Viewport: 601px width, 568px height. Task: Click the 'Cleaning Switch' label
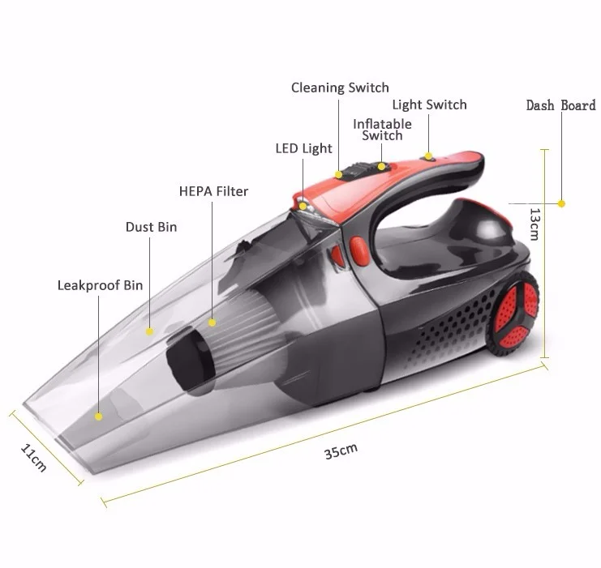pos(340,88)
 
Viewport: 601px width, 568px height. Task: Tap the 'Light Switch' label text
pos(429,105)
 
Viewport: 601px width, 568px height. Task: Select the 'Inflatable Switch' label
pos(382,130)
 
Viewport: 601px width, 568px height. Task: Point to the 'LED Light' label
pos(303,148)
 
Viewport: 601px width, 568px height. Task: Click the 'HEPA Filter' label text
pos(213,192)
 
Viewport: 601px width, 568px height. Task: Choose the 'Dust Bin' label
pos(151,228)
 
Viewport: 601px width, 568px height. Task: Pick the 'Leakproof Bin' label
pos(100,285)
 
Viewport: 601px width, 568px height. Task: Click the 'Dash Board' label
pos(560,105)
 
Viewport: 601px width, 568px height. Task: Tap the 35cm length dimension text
pos(341,452)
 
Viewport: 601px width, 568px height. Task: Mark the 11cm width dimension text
pos(33,458)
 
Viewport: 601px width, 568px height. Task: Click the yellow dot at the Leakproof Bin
pos(99,416)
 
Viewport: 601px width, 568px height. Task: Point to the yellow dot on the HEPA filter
pos(212,322)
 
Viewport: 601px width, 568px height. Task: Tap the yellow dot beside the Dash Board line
pos(561,203)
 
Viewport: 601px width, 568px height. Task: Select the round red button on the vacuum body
pos(357,252)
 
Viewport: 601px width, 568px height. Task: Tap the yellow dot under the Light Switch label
pos(427,153)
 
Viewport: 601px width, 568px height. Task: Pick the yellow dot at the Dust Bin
pos(150,331)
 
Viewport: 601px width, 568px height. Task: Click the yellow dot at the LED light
pos(303,206)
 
